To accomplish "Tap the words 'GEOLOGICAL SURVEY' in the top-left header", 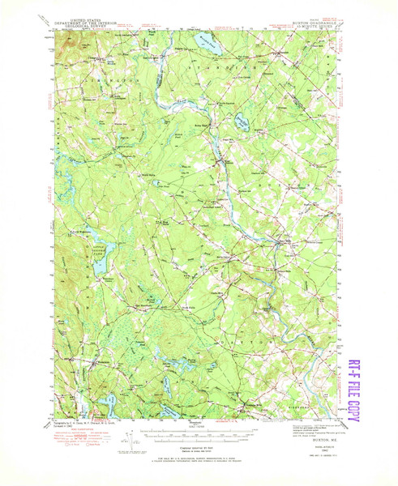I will (87, 23).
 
